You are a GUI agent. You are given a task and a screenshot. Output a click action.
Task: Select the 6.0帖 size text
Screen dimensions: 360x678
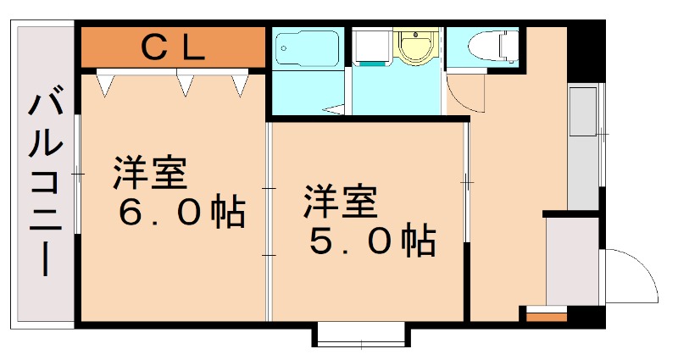pyautogui.click(x=181, y=213)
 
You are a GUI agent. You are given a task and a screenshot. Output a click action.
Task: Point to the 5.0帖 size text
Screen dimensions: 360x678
pyautogui.click(x=372, y=242)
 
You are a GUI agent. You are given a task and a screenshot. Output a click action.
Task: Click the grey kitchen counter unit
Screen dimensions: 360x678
pyautogui.click(x=583, y=144)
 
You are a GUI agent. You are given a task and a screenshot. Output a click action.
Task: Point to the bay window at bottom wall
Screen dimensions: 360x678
pyautogui.click(x=361, y=335)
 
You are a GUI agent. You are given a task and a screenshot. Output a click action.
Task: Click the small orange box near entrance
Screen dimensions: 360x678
pyautogui.click(x=546, y=317)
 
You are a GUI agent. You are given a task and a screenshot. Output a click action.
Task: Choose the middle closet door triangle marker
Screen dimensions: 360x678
pyautogui.click(x=185, y=82)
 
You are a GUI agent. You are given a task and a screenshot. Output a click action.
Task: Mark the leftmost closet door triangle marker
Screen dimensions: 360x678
pyautogui.click(x=105, y=83)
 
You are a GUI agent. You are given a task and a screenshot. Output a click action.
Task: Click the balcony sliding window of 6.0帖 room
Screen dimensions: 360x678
pyautogui.click(x=77, y=174)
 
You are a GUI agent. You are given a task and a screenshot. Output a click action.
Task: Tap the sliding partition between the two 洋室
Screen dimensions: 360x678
pyautogui.click(x=270, y=220)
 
